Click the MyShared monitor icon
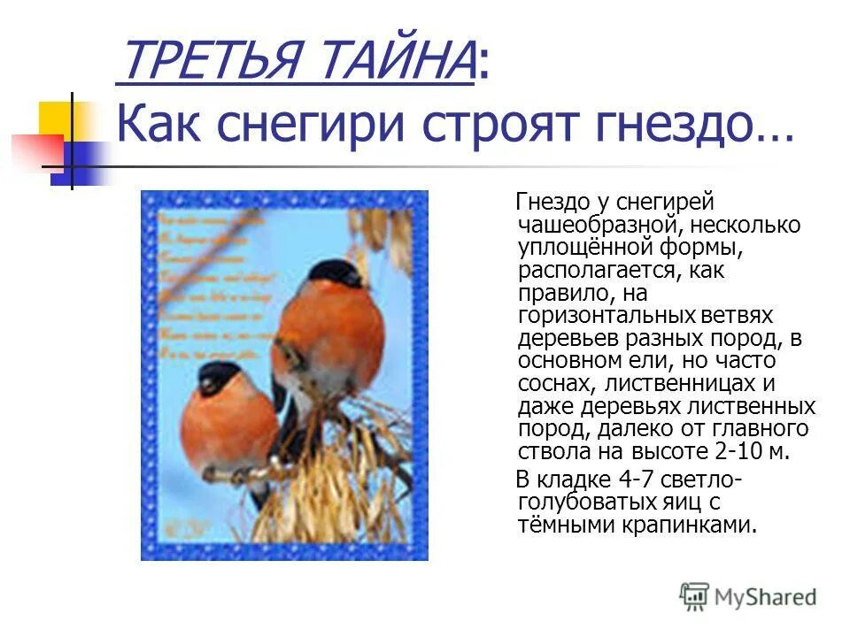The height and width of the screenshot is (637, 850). [x=694, y=596]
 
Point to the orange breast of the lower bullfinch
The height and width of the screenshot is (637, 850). [x=226, y=429]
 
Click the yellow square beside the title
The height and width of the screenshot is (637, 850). [x=56, y=119]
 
